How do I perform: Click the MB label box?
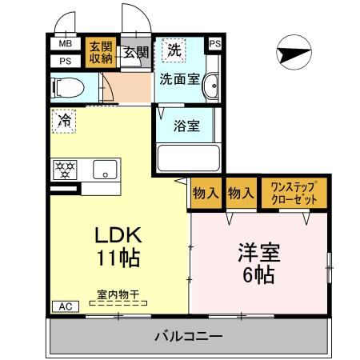[64, 44]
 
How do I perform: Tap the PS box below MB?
[64, 60]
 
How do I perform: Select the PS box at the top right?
[214, 43]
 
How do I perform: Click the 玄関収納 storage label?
[100, 52]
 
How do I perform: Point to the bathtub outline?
[188, 157]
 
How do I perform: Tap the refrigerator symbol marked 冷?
[63, 122]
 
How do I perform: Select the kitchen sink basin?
[105, 170]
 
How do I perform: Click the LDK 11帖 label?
[118, 246]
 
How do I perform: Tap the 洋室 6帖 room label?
[258, 262]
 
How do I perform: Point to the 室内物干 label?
[118, 294]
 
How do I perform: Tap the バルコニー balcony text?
[188, 337]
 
